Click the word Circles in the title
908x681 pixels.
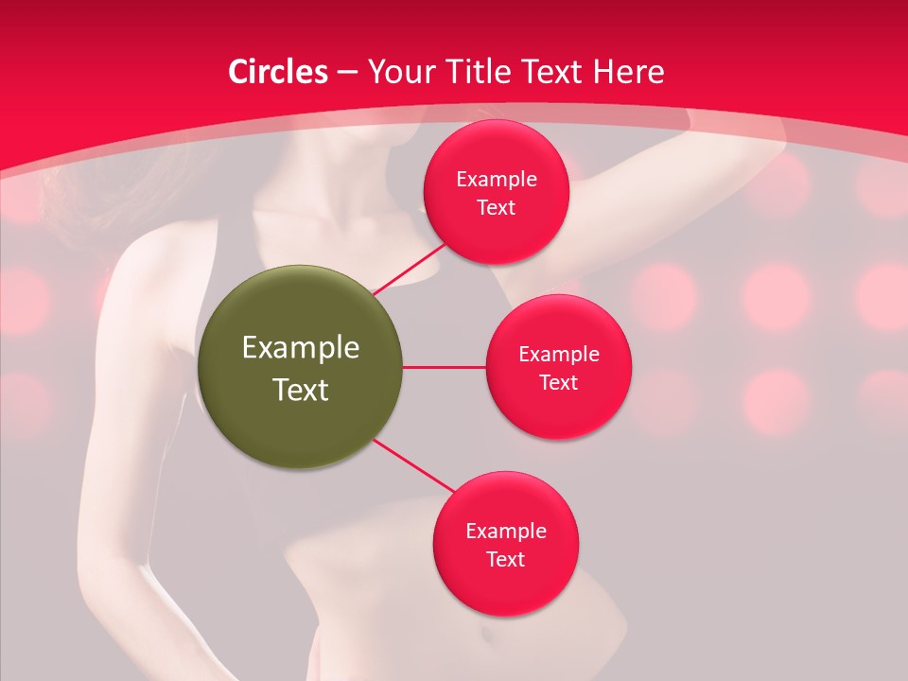pyautogui.click(x=278, y=72)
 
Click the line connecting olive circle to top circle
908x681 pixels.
pyautogui.click(x=412, y=268)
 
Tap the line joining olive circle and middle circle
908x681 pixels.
pyautogui.click(x=445, y=367)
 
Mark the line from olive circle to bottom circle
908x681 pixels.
pyautogui.click(x=413, y=467)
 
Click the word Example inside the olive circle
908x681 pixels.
pyautogui.click(x=300, y=348)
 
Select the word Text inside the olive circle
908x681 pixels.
pyautogui.click(x=300, y=390)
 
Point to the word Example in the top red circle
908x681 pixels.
pyautogui.click(x=497, y=180)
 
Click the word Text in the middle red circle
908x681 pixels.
pyautogui.click(x=559, y=383)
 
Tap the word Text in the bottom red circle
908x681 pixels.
pyautogui.click(x=506, y=560)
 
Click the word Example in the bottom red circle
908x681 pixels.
pyautogui.click(x=506, y=532)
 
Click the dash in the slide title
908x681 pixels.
pyautogui.click(x=347, y=72)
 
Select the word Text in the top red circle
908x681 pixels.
pyautogui.click(x=497, y=208)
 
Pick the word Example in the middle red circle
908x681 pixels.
pyautogui.click(x=559, y=355)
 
